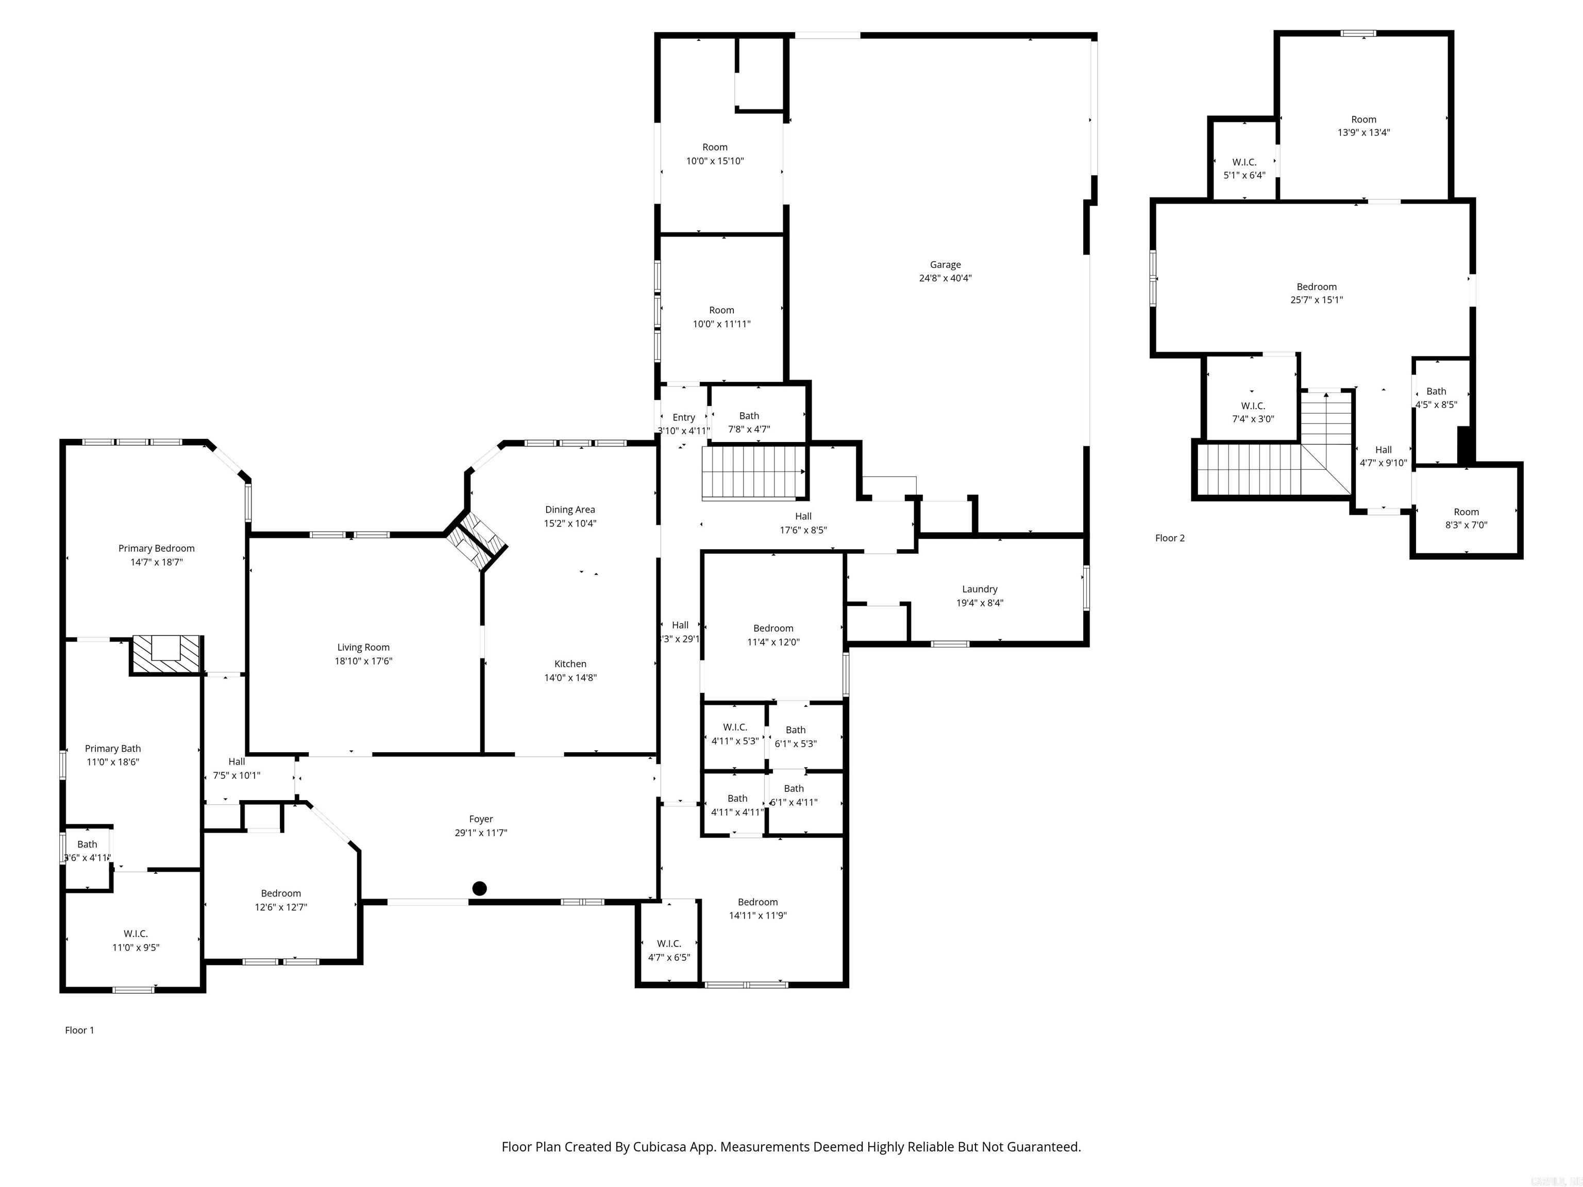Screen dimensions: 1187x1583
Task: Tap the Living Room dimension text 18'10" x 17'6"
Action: tap(364, 661)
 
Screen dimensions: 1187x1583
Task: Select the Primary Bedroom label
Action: tap(156, 549)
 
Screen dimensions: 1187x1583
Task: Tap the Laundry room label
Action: tap(979, 589)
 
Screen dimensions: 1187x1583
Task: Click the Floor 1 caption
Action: tap(79, 1030)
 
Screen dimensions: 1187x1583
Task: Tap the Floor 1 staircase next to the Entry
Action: tap(753, 472)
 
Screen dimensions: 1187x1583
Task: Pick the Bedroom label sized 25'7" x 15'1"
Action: tap(1316, 287)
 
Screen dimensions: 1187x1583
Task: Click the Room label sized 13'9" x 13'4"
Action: tap(1363, 120)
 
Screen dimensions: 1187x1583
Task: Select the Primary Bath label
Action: tap(112, 749)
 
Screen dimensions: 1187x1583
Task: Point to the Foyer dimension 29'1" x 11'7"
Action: tap(481, 833)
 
